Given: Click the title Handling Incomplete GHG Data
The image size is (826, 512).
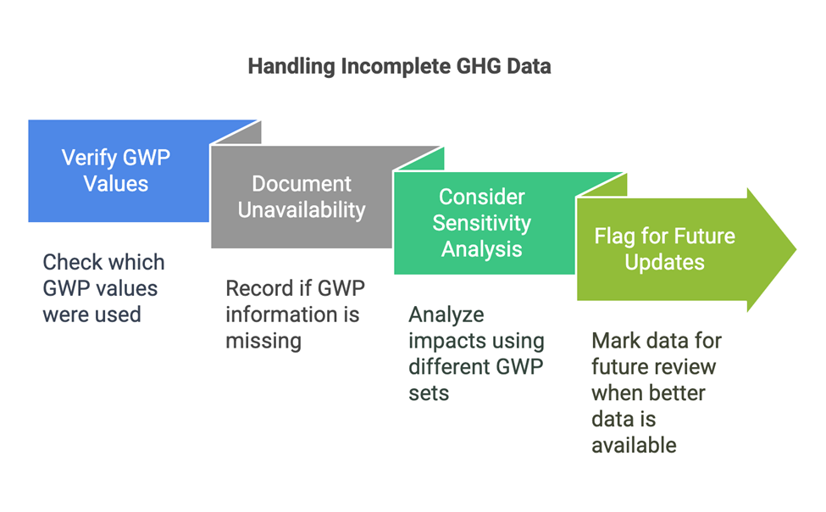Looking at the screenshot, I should click(x=399, y=65).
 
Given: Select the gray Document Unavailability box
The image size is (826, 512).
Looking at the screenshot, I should click(x=302, y=197).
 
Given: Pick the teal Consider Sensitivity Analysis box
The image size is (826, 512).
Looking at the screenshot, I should click(x=482, y=223).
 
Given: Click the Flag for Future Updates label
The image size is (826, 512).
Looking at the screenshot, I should click(x=664, y=248).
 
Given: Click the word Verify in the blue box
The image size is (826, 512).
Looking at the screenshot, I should click(x=90, y=158).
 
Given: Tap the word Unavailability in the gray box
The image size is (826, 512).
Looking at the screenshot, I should click(x=302, y=210).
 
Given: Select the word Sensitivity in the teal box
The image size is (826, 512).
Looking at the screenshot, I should click(x=482, y=223).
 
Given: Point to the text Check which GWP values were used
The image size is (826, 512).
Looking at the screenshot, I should click(x=103, y=288).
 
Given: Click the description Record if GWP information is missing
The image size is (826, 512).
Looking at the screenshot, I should click(x=292, y=314).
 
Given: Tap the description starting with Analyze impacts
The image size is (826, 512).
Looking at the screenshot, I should click(x=476, y=353).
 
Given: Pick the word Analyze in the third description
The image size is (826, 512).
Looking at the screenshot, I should click(x=446, y=314).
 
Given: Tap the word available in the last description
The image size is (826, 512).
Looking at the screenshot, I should click(x=634, y=445).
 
